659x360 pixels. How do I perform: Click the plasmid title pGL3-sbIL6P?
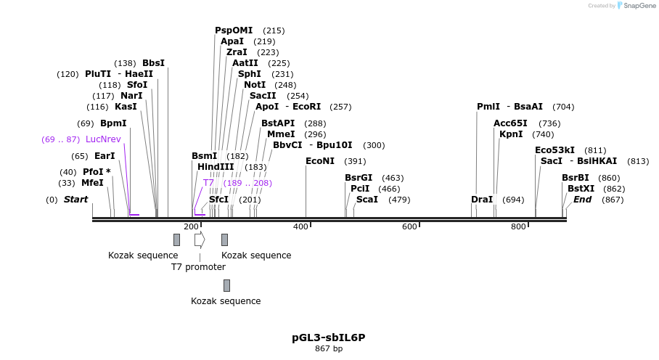(x=329, y=337)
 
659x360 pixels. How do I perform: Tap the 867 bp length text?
(x=329, y=349)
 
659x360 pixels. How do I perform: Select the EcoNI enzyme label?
(x=320, y=161)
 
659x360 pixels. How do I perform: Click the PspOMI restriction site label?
(x=234, y=30)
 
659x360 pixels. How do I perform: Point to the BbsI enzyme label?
(x=153, y=63)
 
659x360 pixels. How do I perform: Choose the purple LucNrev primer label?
(x=103, y=139)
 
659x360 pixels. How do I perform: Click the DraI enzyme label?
(x=482, y=200)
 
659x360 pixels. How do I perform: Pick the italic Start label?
(x=75, y=200)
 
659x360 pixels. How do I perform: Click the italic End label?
(x=582, y=200)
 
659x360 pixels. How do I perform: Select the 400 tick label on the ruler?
(x=300, y=227)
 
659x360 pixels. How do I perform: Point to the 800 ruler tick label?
(x=518, y=227)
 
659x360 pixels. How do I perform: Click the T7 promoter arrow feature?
(x=200, y=240)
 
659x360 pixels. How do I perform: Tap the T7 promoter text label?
(x=198, y=267)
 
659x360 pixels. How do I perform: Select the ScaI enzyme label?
(x=367, y=200)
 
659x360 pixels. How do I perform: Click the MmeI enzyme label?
(x=281, y=134)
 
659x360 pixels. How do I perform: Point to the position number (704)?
(x=563, y=107)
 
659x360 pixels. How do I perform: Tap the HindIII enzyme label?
(x=216, y=167)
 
